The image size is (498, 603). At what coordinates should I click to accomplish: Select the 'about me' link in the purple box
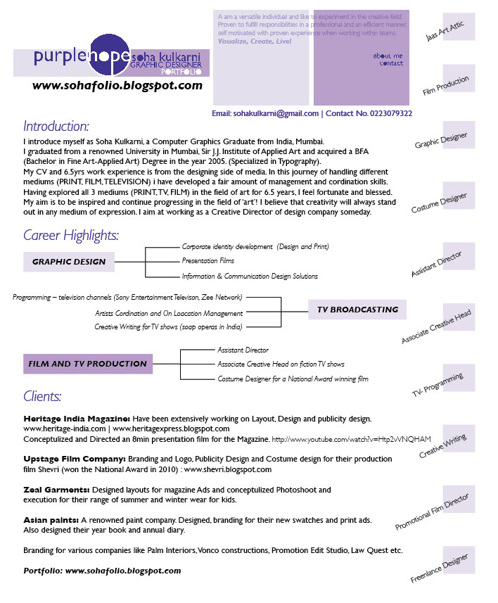(x=388, y=55)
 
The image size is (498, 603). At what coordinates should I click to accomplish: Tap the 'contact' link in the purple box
(x=391, y=63)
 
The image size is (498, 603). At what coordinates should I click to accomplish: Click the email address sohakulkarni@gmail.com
(x=276, y=113)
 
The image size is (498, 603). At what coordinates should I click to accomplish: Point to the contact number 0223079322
(x=386, y=113)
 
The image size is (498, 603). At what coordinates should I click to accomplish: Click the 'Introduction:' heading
(x=56, y=127)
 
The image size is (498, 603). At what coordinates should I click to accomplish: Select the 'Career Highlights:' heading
(x=71, y=235)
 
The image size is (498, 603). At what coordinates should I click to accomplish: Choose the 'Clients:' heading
(x=42, y=396)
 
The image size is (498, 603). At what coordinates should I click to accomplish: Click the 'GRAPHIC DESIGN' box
(x=69, y=262)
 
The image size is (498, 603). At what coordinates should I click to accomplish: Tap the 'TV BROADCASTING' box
(x=357, y=310)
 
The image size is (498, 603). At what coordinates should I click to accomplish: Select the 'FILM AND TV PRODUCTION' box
(x=88, y=364)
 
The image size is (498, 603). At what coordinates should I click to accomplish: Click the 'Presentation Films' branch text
(x=209, y=261)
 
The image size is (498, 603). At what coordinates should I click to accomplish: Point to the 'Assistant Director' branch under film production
(x=243, y=350)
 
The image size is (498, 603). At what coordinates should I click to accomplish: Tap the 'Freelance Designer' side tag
(x=440, y=568)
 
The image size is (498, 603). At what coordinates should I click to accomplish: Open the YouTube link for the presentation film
(x=351, y=439)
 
